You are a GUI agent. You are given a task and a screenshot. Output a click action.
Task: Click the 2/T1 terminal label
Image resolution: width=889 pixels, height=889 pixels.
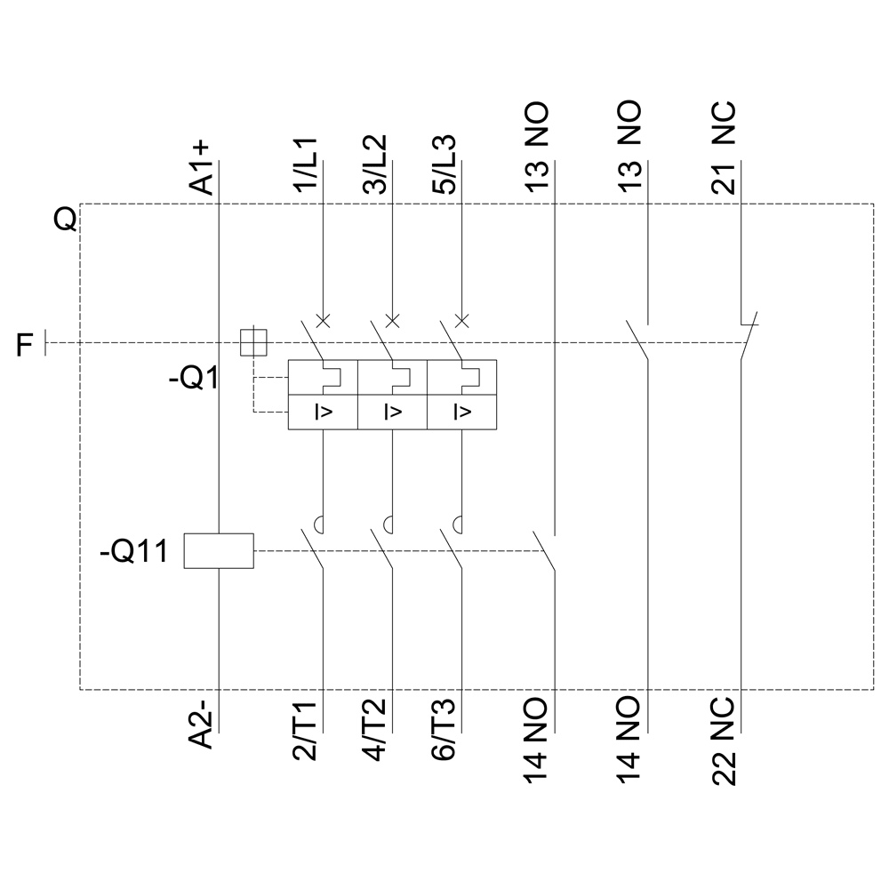pyautogui.click(x=307, y=729)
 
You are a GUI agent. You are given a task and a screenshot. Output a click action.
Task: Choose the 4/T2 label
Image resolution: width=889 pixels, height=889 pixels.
pyautogui.click(x=377, y=729)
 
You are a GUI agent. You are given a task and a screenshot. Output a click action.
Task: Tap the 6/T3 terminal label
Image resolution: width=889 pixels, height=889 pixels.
pyautogui.click(x=447, y=729)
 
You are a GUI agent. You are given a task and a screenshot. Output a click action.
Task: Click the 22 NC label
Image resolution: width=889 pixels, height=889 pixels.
pyautogui.click(x=724, y=741)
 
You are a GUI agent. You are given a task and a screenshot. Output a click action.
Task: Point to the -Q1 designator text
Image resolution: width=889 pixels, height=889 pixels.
pyautogui.click(x=195, y=380)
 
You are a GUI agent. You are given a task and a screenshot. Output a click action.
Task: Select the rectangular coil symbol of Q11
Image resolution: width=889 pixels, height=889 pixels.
pyautogui.click(x=219, y=551)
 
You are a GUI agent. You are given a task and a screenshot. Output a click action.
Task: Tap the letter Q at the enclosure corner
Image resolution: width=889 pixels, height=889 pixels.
pyautogui.click(x=64, y=219)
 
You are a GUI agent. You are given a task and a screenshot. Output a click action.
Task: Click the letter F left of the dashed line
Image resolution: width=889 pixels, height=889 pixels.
pyautogui.click(x=26, y=343)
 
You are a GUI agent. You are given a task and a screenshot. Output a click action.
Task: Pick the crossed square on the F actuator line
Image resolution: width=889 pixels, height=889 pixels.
pyautogui.click(x=253, y=342)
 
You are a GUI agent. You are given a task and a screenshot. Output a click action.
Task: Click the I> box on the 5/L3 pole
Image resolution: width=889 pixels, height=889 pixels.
pyautogui.click(x=461, y=412)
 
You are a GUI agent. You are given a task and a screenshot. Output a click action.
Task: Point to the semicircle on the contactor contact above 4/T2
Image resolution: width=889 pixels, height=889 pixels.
pyautogui.click(x=388, y=524)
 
